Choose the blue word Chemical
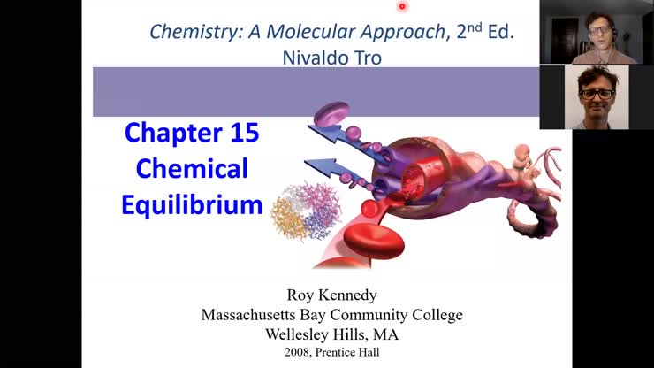[x=192, y=168]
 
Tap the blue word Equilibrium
[x=192, y=204]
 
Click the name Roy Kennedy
[x=331, y=295]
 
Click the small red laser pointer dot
[x=401, y=6]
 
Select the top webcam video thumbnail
[x=596, y=32]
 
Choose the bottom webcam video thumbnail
[x=596, y=97]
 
